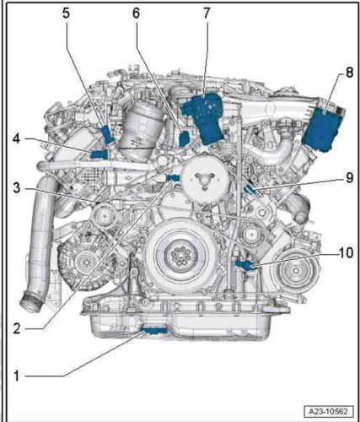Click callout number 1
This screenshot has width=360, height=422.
17,376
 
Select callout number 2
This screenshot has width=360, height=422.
17,328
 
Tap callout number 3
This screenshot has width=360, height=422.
17,188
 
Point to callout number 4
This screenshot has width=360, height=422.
17,138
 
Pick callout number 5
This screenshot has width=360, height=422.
66,14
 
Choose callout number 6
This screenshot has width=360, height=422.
136,14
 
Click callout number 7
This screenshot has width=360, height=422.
207,14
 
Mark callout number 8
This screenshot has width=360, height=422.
349,73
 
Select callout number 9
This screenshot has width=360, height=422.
349,178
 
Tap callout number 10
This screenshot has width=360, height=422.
346,253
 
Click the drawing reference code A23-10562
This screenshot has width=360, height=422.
328,412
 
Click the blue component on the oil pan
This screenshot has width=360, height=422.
154,331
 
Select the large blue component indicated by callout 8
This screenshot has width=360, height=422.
323,130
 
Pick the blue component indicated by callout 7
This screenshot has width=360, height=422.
204,118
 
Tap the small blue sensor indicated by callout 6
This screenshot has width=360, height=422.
184,138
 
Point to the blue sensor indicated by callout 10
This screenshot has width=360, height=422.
244,265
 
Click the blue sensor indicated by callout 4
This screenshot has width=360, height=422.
99,154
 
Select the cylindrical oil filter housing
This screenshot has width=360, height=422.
141,128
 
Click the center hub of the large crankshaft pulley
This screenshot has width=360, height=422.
180,256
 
